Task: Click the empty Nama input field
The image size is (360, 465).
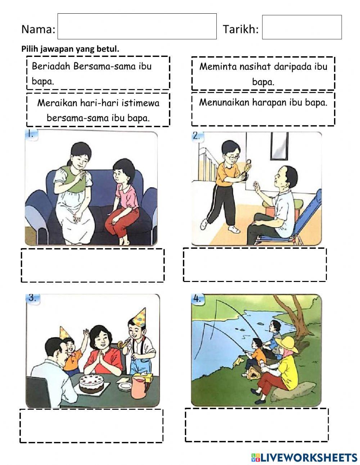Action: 137,26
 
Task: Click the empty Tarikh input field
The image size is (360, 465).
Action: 302,27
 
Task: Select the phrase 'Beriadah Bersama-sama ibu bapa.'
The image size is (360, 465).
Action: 98,73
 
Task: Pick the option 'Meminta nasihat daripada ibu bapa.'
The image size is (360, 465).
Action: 263,73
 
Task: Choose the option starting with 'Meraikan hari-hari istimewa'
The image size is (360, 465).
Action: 98,110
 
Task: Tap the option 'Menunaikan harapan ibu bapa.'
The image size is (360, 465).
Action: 263,109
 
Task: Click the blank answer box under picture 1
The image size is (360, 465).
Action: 93,265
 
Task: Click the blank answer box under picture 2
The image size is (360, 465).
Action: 255,264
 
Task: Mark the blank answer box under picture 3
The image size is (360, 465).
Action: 91,426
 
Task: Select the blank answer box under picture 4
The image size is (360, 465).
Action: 257,425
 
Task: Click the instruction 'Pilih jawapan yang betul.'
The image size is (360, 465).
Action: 70,49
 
